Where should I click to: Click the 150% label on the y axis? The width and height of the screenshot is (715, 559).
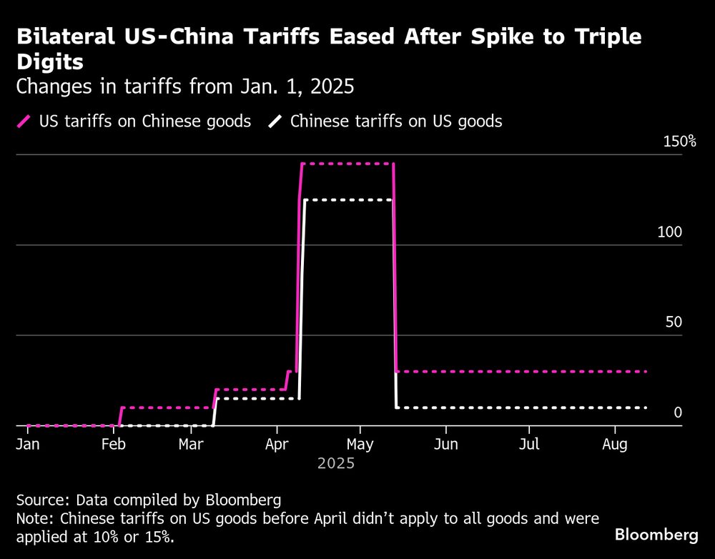click(x=679, y=142)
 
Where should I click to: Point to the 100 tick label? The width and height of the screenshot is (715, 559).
click(x=671, y=232)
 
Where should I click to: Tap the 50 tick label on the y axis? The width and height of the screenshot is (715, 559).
click(x=674, y=322)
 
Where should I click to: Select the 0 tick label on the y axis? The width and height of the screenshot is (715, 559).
click(x=678, y=412)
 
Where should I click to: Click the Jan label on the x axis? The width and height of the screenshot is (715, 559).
click(x=27, y=445)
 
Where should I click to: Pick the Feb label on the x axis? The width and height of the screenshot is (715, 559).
click(x=113, y=445)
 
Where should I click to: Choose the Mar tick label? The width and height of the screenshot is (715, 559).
click(x=191, y=445)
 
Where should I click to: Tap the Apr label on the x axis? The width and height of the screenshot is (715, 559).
click(x=276, y=445)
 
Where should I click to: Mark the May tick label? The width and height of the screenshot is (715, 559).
click(x=360, y=445)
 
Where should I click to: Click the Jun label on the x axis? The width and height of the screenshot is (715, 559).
click(x=445, y=445)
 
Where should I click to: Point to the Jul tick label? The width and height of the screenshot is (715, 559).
click(x=529, y=445)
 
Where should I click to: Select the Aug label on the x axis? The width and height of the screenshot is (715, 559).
click(x=614, y=445)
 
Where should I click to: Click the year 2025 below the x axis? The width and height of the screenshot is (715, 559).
click(x=336, y=464)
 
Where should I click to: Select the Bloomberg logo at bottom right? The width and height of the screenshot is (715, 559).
click(x=656, y=534)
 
